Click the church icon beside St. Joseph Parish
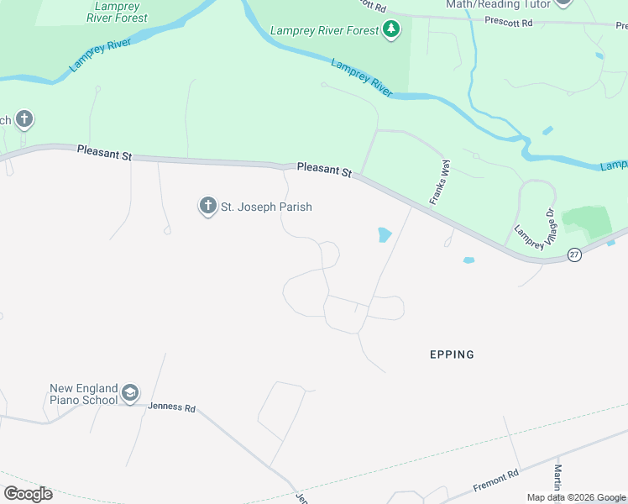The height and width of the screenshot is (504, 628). point(207,206)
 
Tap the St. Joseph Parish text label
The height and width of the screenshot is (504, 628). point(266,207)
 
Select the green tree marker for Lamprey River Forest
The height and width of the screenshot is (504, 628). point(390,31)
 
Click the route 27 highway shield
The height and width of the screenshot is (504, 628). point(574,255)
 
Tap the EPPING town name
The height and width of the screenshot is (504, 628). point(452,354)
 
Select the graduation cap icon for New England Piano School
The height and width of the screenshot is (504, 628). point(130,393)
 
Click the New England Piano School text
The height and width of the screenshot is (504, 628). point(84,394)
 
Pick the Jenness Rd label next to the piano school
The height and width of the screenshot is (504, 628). point(172,407)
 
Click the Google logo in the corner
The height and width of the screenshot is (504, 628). point(28,493)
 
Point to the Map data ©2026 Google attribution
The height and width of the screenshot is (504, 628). point(576,497)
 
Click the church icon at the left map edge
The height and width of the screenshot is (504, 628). point(24,119)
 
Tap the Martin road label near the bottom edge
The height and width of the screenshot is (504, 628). point(557,480)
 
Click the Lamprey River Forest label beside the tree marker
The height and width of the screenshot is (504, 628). point(325,31)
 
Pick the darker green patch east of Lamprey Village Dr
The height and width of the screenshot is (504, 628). point(588,221)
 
